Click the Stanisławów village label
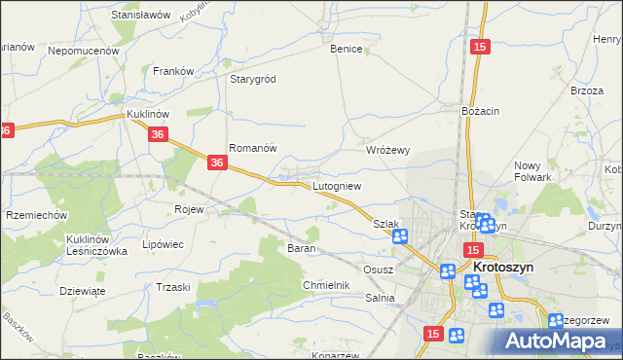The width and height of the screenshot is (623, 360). pos(141,16)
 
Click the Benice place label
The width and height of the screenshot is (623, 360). pos(346,49)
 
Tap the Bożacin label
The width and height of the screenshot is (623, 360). pos(481,111)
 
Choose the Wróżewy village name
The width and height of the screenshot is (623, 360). pos(387,150)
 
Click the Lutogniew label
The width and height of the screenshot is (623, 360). pos(337,185)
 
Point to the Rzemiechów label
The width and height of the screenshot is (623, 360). pos(35,215)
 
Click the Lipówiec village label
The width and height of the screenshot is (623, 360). pos(164,244)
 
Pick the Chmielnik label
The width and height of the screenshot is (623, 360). pos(325,285)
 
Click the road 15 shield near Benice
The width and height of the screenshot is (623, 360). pos(478,47)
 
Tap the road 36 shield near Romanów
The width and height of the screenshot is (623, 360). pos(218,165)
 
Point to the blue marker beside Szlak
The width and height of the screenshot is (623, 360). pos(399,236)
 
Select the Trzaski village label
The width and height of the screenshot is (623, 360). pos(172,287)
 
